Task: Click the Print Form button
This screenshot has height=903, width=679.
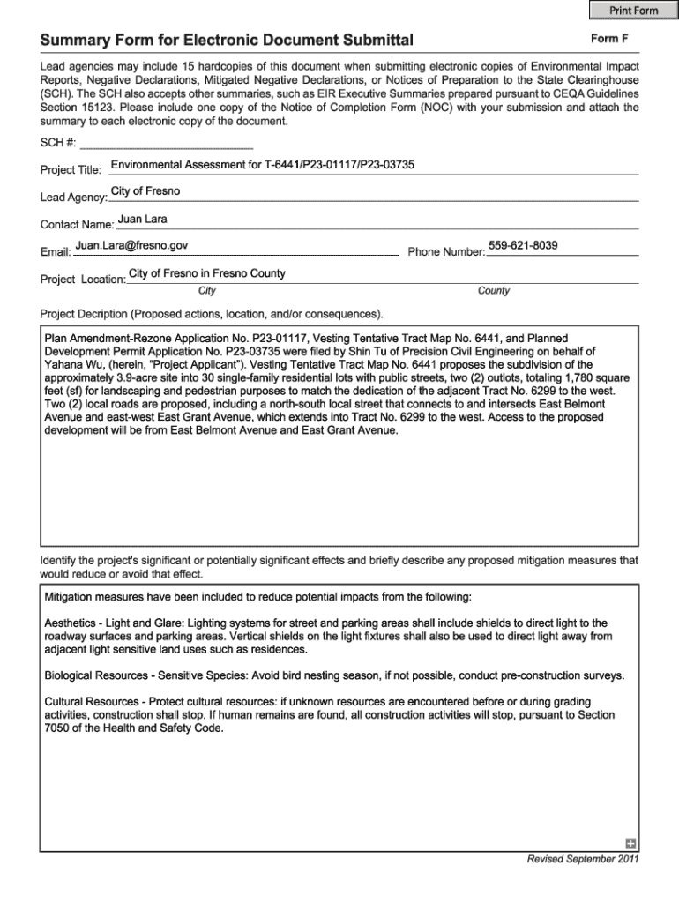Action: (x=633, y=11)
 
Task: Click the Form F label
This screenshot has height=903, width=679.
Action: (x=609, y=39)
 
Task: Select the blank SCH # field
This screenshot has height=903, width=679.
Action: (x=167, y=142)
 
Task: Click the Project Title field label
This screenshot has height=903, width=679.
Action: (x=71, y=169)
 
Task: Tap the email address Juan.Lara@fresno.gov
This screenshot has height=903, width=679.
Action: (x=131, y=246)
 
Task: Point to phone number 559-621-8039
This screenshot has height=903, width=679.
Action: (x=522, y=245)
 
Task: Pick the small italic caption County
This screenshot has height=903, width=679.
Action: (x=494, y=291)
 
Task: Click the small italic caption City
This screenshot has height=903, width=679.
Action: (x=207, y=291)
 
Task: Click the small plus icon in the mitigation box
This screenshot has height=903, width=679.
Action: (x=630, y=842)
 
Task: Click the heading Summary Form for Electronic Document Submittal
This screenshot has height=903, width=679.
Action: (x=227, y=41)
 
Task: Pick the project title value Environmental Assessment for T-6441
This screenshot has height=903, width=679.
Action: (x=262, y=165)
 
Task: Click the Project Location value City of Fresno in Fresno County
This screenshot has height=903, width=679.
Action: (x=207, y=273)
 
